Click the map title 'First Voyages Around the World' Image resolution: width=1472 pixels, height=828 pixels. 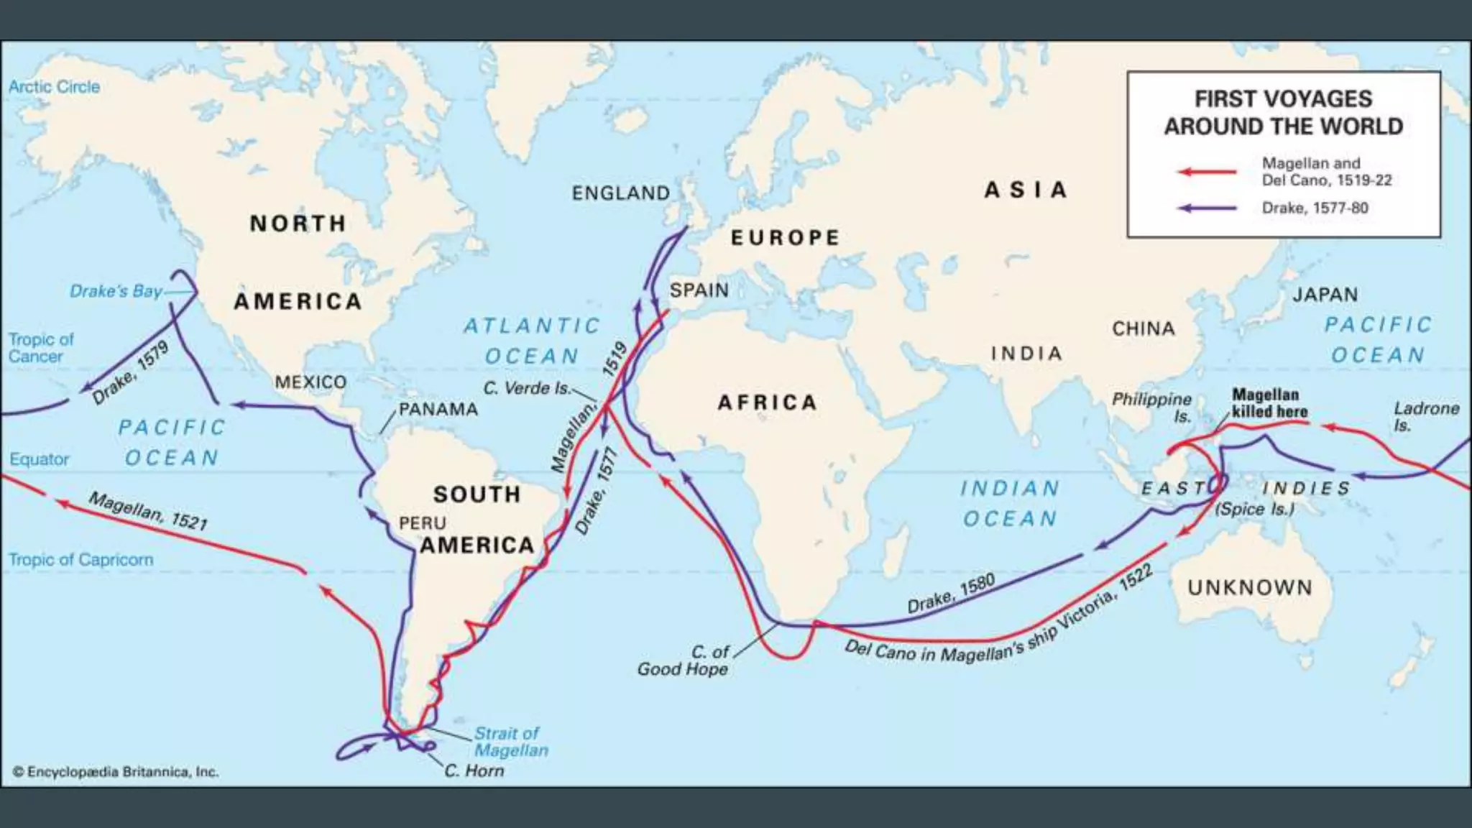click(1283, 112)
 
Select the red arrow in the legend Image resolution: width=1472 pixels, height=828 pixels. click(1207, 172)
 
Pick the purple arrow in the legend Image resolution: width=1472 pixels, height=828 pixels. click(1207, 208)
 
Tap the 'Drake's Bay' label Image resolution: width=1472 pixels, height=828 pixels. click(116, 291)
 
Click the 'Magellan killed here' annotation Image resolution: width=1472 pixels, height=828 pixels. click(1269, 403)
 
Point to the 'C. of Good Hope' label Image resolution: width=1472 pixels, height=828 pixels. click(683, 660)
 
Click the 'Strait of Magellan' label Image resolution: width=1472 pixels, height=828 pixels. click(510, 742)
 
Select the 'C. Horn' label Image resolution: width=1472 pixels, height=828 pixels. click(474, 770)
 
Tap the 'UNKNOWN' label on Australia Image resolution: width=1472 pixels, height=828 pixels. click(1250, 588)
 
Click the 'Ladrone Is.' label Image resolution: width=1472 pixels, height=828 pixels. click(1425, 416)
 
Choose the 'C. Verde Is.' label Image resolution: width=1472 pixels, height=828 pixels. click(527, 388)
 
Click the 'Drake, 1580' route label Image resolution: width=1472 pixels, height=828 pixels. click(951, 594)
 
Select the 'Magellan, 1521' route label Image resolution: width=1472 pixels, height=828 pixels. click(148, 510)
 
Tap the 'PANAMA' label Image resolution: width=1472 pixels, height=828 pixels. click(438, 410)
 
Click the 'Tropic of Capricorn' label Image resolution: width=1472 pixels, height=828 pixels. click(80, 560)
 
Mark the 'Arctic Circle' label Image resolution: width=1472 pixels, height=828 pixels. click(54, 87)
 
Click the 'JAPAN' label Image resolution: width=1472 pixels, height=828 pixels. click(1325, 295)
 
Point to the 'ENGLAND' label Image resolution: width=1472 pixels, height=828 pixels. click(620, 193)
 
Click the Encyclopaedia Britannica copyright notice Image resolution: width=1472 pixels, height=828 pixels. click(116, 772)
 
